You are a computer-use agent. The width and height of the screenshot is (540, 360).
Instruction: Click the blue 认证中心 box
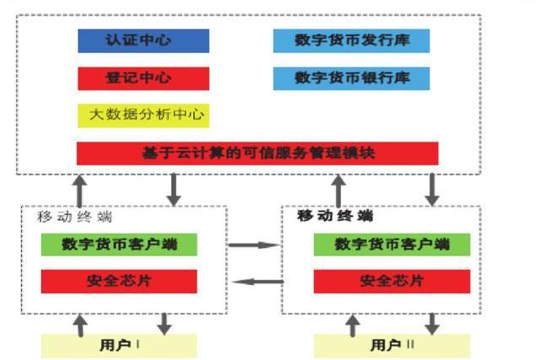(143, 40)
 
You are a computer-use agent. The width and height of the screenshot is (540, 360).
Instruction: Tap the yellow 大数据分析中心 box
(143, 115)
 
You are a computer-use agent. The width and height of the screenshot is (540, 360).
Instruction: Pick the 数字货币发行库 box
(352, 40)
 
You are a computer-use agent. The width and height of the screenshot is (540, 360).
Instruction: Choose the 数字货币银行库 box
(352, 78)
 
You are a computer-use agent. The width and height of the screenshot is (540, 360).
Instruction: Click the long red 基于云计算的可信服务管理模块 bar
(257, 153)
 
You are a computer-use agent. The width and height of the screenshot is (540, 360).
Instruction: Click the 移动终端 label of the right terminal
(335, 216)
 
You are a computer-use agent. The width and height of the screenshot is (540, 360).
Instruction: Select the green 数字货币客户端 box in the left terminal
(119, 244)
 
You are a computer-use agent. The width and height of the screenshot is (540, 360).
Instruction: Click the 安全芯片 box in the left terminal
(119, 282)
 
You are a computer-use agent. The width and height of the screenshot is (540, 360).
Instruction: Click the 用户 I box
(119, 346)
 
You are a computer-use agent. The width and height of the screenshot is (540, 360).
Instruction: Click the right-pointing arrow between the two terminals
(255, 245)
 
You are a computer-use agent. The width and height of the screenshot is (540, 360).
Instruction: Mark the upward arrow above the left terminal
(79, 190)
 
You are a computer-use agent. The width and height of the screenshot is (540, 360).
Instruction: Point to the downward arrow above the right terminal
(433, 190)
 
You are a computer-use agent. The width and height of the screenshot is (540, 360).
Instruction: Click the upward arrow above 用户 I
(80, 325)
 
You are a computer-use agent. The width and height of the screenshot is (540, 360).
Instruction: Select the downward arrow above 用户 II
(433, 325)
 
